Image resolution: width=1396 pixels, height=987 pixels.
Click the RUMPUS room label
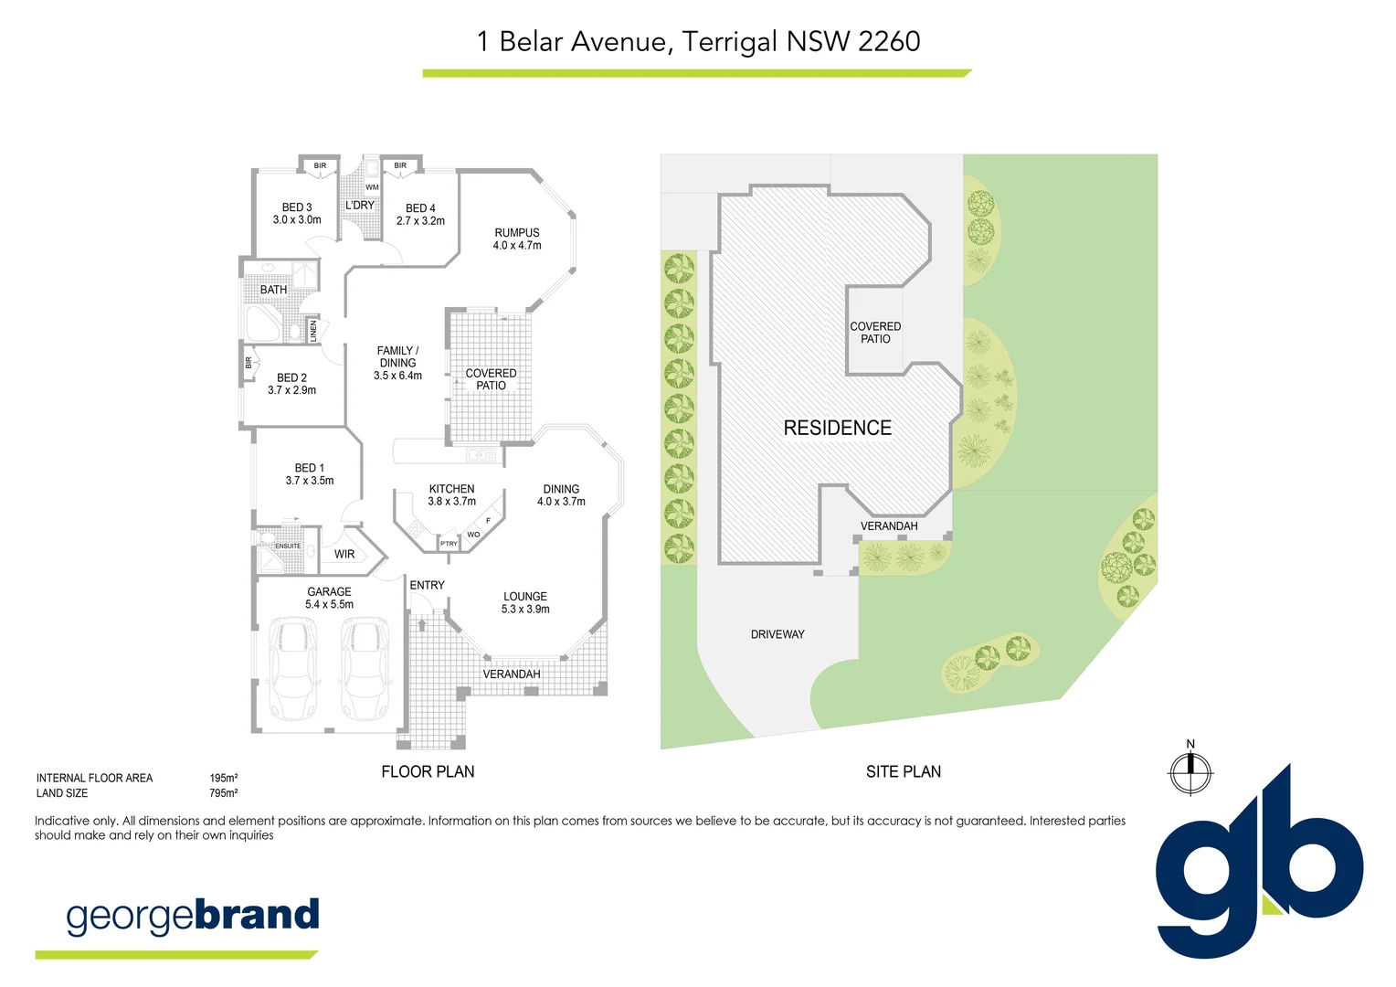(517, 233)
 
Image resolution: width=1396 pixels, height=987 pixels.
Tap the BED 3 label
(297, 207)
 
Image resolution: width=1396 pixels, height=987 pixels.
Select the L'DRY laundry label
(360, 206)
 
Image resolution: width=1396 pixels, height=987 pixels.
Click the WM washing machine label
(372, 187)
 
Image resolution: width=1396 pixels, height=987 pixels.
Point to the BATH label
(273, 290)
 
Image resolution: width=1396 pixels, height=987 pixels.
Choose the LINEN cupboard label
(313, 330)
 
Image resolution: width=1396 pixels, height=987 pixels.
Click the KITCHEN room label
(451, 489)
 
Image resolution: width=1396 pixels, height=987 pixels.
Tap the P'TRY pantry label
(449, 544)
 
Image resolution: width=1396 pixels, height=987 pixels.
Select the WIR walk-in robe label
(344, 554)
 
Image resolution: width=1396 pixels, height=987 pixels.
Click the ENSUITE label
(288, 546)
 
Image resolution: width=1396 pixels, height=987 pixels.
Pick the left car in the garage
(293, 669)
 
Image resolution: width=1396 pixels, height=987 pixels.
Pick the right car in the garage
(365, 669)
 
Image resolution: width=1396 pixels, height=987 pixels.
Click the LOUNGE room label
(525, 597)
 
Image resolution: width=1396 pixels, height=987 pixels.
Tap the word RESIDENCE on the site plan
(837, 428)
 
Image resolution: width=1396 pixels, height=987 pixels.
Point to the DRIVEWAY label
(777, 634)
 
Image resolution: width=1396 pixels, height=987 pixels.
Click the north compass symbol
(1190, 772)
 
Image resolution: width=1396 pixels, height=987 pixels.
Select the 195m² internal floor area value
(224, 779)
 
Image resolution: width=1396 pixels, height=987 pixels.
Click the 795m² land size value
(224, 793)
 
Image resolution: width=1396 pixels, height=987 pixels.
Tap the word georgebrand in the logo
(193, 916)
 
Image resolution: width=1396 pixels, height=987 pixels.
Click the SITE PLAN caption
(903, 771)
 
